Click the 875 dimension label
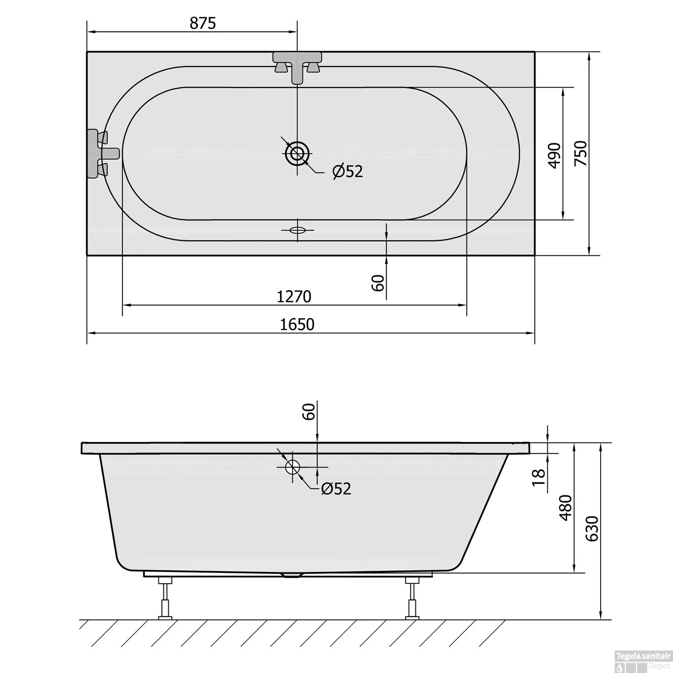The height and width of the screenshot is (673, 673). [202, 23]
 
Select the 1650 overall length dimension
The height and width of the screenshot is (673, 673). [297, 324]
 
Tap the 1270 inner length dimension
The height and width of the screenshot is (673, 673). [294, 297]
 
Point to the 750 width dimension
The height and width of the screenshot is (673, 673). [581, 153]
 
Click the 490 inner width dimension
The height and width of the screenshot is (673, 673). [555, 155]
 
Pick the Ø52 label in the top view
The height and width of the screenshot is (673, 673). [348, 171]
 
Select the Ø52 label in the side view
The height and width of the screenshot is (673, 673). [336, 489]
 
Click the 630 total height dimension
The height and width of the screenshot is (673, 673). [592, 529]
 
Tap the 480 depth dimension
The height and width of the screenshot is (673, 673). [566, 507]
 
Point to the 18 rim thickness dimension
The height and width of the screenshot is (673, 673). [538, 477]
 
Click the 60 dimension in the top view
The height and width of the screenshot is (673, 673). [378, 283]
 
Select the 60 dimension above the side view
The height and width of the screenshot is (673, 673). [309, 411]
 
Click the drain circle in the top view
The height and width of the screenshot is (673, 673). [297, 153]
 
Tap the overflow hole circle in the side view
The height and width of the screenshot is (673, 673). [293, 467]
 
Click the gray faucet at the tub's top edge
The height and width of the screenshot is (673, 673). [297, 65]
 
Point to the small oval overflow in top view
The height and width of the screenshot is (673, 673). [297, 230]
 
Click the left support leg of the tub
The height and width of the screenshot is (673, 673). [165, 599]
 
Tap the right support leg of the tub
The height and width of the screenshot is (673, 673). [412, 599]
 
